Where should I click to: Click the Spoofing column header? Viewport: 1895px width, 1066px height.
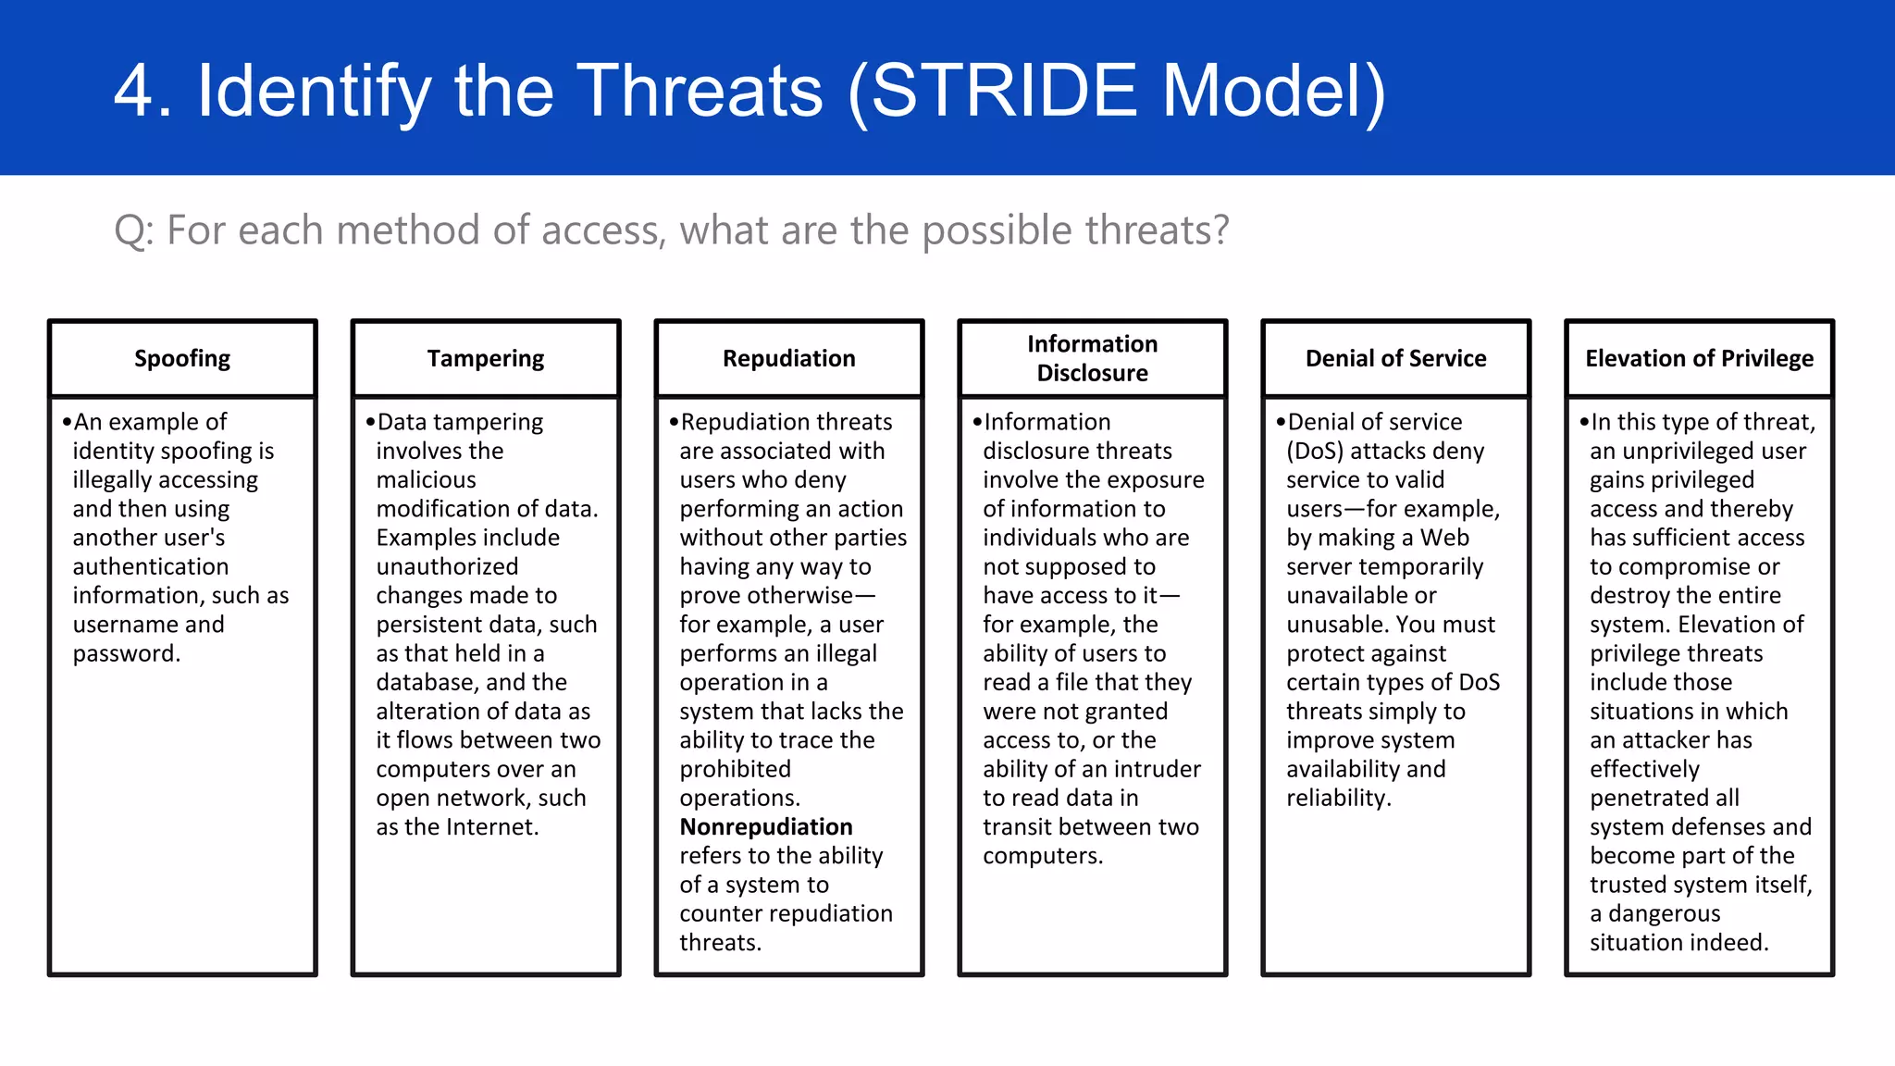[182, 359]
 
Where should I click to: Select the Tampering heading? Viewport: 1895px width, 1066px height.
[486, 359]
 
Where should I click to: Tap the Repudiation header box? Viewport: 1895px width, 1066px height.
[788, 359]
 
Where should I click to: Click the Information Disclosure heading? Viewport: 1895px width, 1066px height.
[1092, 359]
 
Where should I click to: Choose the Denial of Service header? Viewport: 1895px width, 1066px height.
[1395, 359]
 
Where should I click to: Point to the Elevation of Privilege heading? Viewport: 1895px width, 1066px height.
[1699, 359]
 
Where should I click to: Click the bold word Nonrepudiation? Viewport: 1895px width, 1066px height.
[766, 827]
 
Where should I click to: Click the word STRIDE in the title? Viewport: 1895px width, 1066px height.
[1004, 91]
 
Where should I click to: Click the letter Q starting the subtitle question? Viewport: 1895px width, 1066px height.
[130, 230]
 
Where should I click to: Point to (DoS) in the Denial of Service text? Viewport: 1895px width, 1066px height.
[1315, 452]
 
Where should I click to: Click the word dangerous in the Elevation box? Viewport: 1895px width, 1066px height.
[1664, 914]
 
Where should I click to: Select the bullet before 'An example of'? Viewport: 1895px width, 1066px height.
[67, 423]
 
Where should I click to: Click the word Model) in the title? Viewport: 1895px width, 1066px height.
[1274, 91]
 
